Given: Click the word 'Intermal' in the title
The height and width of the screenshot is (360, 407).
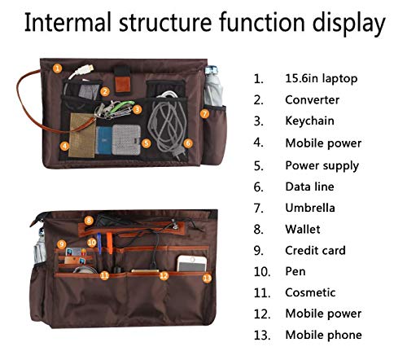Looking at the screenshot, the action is pyautogui.click(x=68, y=22).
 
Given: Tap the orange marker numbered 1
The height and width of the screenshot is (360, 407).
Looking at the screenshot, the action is pyautogui.click(x=57, y=68).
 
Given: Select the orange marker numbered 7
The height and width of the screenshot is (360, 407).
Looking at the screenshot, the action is pyautogui.click(x=205, y=114).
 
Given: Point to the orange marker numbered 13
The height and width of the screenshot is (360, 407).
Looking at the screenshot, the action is pyautogui.click(x=207, y=278).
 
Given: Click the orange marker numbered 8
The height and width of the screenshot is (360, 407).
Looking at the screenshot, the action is pyautogui.click(x=89, y=221).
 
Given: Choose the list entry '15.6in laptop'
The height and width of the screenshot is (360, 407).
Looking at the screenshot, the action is pyautogui.click(x=322, y=79).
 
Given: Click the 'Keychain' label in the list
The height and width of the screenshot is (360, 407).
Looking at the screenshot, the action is pyautogui.click(x=309, y=121).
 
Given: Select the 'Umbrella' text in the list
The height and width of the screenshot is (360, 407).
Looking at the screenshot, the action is pyautogui.click(x=310, y=208).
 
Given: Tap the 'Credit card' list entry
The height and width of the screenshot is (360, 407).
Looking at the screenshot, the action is pyautogui.click(x=315, y=250).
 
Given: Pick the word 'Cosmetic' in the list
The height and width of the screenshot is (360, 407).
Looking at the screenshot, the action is pyautogui.click(x=310, y=292).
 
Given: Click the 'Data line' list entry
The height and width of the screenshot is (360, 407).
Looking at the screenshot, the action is pyautogui.click(x=309, y=187).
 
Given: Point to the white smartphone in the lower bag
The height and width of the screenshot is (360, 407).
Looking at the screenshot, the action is pyautogui.click(x=192, y=263).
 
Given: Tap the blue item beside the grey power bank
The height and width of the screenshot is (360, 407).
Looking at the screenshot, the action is pyautogui.click(x=103, y=140).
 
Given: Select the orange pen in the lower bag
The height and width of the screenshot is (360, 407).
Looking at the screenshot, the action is pyautogui.click(x=109, y=244).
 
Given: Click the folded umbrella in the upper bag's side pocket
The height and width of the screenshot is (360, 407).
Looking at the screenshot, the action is pyautogui.click(x=213, y=86).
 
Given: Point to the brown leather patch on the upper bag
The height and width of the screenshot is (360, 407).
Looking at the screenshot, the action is pyautogui.click(x=122, y=84).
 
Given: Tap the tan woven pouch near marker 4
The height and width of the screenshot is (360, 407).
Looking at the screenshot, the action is pyautogui.click(x=82, y=135).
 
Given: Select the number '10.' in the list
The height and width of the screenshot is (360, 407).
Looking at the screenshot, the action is pyautogui.click(x=262, y=272).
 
